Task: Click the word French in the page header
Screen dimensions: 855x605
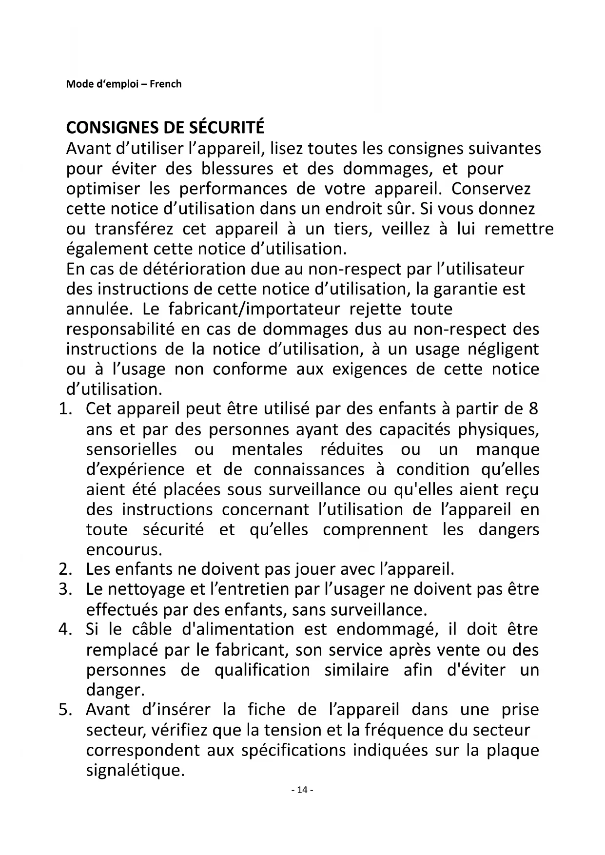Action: [165, 84]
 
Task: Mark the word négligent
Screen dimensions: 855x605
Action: [503, 349]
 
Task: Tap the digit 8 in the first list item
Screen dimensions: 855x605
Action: [533, 408]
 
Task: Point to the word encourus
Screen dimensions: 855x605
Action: [124, 549]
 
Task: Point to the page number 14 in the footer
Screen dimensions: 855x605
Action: [302, 790]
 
